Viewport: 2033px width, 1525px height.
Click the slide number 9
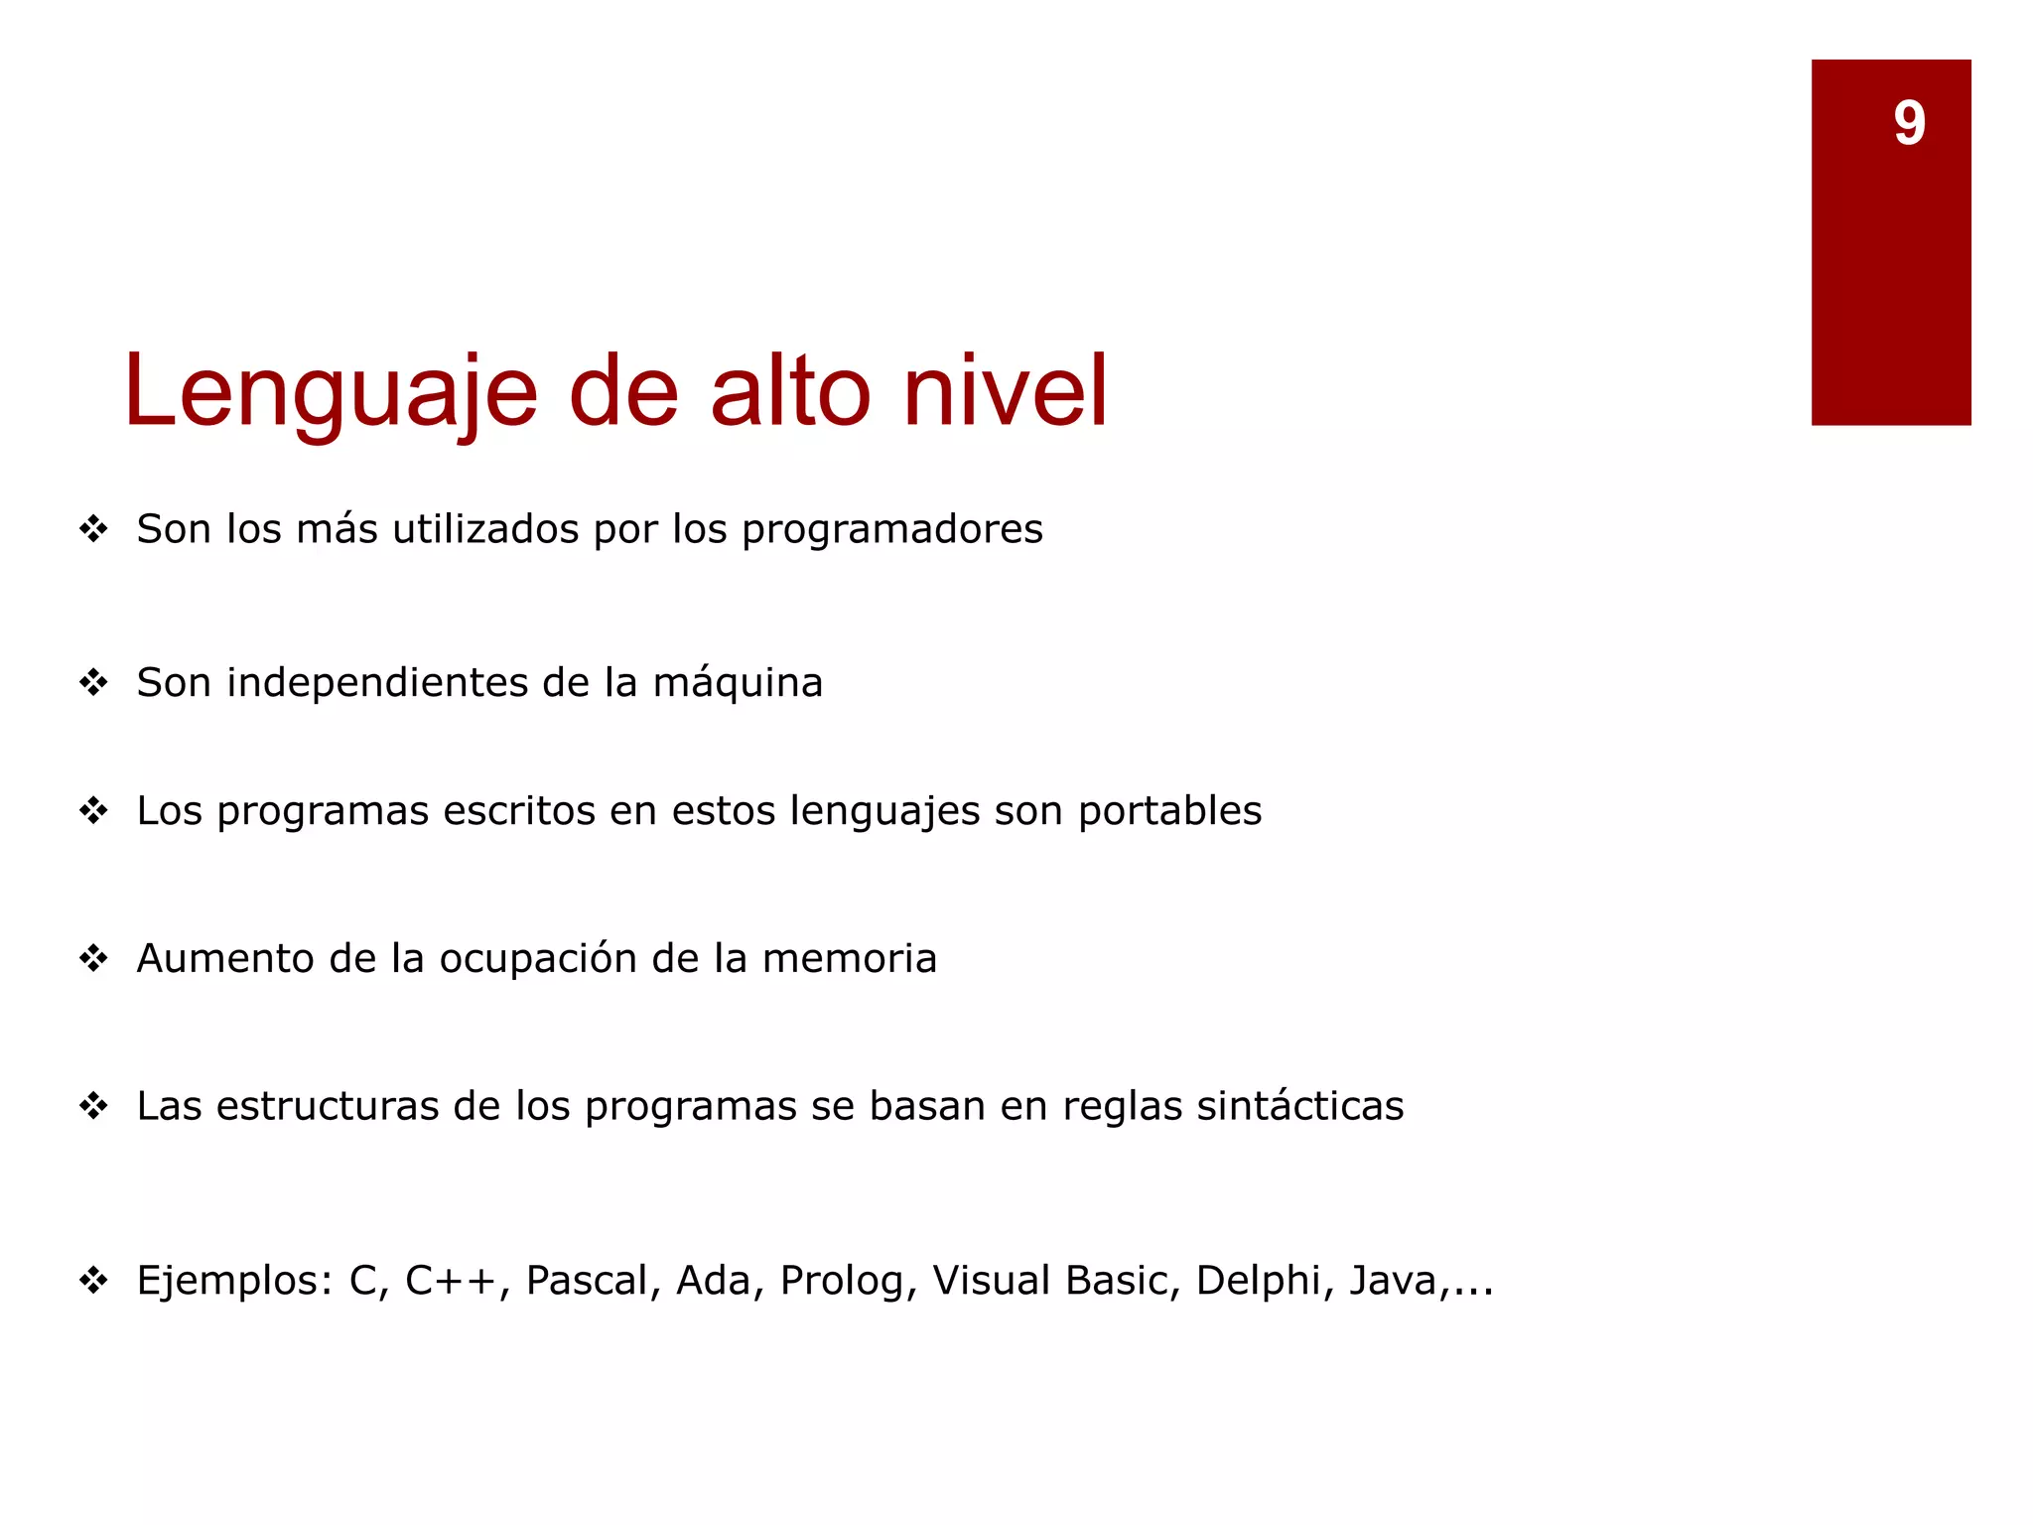1909,123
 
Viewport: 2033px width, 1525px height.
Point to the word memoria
849,959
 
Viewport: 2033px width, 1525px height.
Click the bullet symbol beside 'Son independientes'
93,683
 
